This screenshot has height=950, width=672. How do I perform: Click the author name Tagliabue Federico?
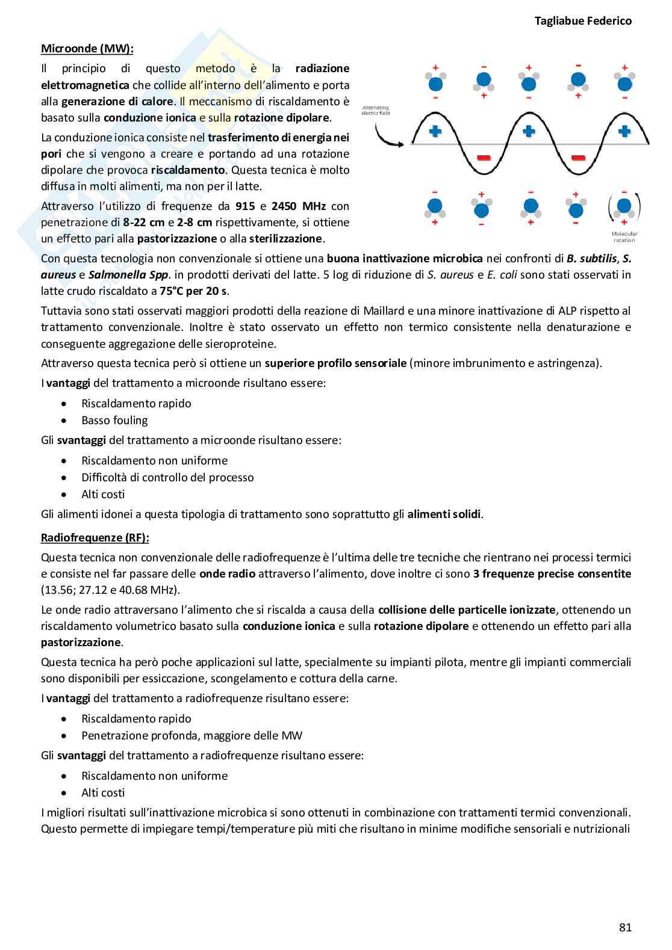tap(583, 20)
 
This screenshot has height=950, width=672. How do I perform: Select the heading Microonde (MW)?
tap(87, 49)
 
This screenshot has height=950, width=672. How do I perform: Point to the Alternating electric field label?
tap(376, 110)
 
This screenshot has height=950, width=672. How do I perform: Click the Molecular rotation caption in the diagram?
tap(624, 236)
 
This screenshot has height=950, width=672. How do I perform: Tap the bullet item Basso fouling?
tap(114, 420)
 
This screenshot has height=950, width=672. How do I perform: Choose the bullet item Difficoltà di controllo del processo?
tap(167, 477)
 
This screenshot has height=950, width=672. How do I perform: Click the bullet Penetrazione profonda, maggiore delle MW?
tap(191, 735)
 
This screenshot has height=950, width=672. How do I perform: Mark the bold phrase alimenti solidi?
tap(444, 514)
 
